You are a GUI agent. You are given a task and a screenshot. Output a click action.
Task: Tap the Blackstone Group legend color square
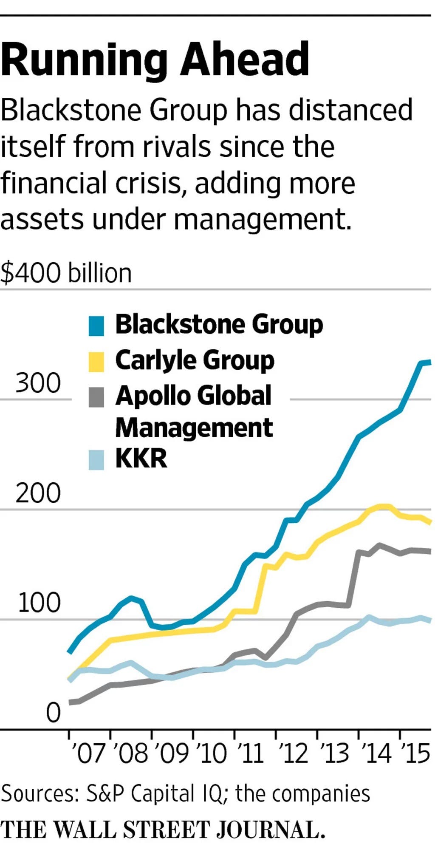click(96, 326)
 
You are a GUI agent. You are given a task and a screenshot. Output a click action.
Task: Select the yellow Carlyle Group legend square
click(96, 362)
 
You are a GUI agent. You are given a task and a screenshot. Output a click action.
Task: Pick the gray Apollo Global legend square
click(96, 397)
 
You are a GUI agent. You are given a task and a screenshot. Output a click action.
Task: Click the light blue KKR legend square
click(96, 460)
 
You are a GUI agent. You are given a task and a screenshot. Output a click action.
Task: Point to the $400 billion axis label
click(66, 273)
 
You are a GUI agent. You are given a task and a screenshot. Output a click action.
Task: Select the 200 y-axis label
click(38, 493)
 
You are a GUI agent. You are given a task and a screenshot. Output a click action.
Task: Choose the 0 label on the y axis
click(54, 713)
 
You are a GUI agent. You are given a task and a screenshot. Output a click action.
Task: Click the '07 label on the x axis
click(88, 753)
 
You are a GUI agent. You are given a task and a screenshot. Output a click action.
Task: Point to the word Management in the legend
click(194, 428)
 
